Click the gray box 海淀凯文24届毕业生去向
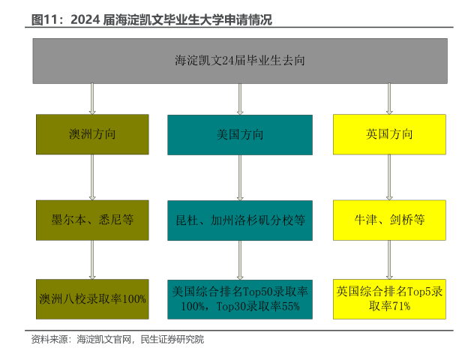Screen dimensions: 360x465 pos(239,61)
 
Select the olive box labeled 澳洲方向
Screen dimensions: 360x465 pos(91,135)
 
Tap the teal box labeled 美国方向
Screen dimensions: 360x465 pos(240,135)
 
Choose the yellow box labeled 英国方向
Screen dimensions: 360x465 pos(388,135)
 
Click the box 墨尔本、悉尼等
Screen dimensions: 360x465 pos(91,220)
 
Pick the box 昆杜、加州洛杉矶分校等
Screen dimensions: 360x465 pos(240,220)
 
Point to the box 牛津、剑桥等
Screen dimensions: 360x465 pos(388,220)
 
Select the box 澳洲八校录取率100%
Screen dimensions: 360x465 pos(91,298)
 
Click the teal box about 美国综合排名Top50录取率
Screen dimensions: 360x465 pos(240,298)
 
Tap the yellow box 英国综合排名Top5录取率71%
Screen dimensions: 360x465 pos(388,298)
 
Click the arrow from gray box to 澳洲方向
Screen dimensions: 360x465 pos(91,98)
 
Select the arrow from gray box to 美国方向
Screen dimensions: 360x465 pos(240,98)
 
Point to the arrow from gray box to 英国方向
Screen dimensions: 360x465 pos(388,98)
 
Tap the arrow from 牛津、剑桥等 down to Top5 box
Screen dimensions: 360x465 pos(388,259)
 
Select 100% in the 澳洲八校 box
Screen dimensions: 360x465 pos(133,299)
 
